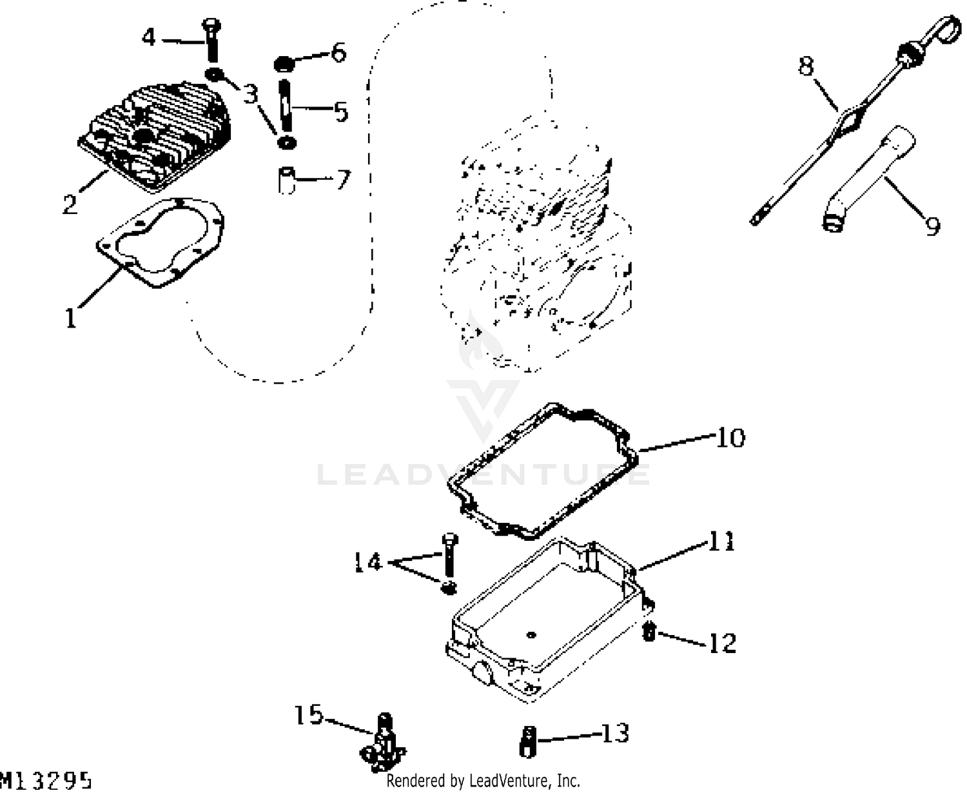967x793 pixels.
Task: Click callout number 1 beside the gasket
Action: tap(70, 317)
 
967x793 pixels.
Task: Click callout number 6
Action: tap(338, 52)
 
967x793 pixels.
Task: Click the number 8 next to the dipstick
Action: tap(806, 65)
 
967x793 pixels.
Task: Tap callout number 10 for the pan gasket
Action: tap(730, 438)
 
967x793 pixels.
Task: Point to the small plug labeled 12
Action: tap(650, 633)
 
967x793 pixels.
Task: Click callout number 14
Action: tap(369, 562)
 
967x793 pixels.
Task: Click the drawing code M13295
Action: tap(45, 780)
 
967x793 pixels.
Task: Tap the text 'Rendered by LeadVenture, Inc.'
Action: tap(483, 781)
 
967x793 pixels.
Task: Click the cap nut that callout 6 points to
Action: tap(282, 64)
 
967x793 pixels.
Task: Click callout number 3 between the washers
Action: tap(250, 95)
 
